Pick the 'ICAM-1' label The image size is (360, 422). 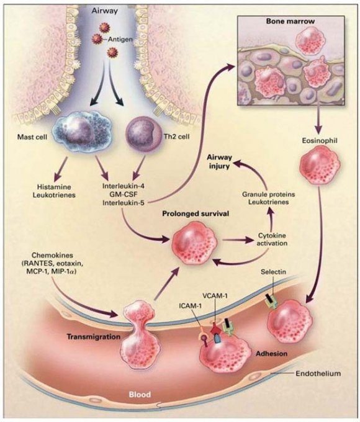190,305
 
